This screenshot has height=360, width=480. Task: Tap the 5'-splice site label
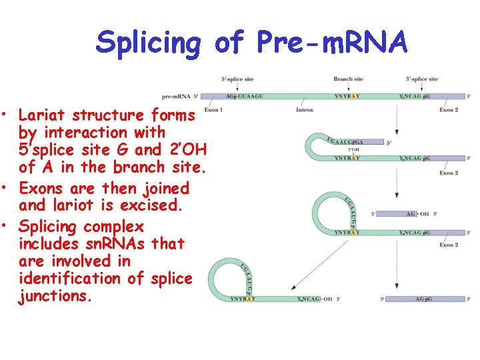coord(237,79)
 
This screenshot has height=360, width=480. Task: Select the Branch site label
coord(348,79)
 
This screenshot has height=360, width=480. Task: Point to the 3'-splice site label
coord(421,79)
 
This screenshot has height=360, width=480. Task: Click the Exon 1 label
coord(213,109)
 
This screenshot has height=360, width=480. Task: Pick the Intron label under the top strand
coord(304,109)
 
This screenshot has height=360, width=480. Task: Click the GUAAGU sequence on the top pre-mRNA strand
coord(249,96)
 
